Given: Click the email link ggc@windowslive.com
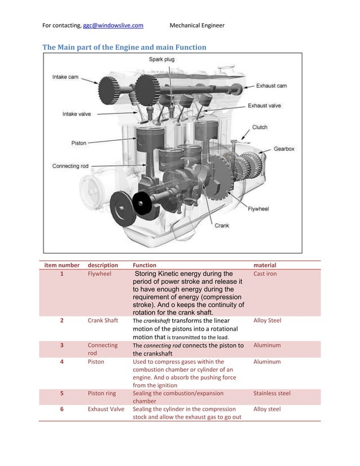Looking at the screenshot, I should [113, 25].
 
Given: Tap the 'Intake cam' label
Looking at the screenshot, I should [65, 77].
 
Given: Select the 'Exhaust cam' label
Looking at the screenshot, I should [271, 86].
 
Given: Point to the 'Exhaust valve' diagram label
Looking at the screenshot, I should [265, 105].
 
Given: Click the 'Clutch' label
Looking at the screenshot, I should [260, 127].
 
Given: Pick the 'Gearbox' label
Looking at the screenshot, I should [284, 149].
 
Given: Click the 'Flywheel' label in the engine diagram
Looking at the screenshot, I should [258, 208].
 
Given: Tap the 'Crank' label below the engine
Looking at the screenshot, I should [221, 225].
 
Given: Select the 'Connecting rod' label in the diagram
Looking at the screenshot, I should [70, 166].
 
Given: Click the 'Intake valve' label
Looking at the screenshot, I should [76, 114].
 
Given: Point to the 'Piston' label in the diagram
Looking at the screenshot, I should [78, 143].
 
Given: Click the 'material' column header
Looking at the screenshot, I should [265, 265].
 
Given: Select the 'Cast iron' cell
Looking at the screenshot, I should [265, 274].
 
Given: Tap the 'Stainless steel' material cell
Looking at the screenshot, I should [272, 393].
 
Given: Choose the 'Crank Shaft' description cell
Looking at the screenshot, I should [103, 320].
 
